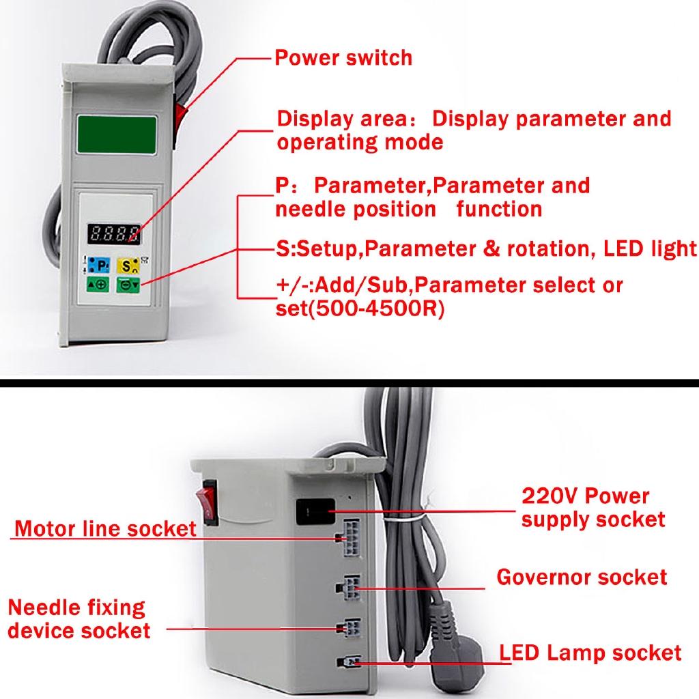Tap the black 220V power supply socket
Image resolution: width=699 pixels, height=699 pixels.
point(315,511)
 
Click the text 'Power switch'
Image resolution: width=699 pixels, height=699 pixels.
point(343,57)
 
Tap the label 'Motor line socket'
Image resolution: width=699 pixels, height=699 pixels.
point(105,528)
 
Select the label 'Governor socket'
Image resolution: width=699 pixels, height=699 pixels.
point(581,577)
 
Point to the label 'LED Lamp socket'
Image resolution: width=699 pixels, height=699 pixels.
point(590,653)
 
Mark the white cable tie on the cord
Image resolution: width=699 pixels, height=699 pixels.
point(404,520)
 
